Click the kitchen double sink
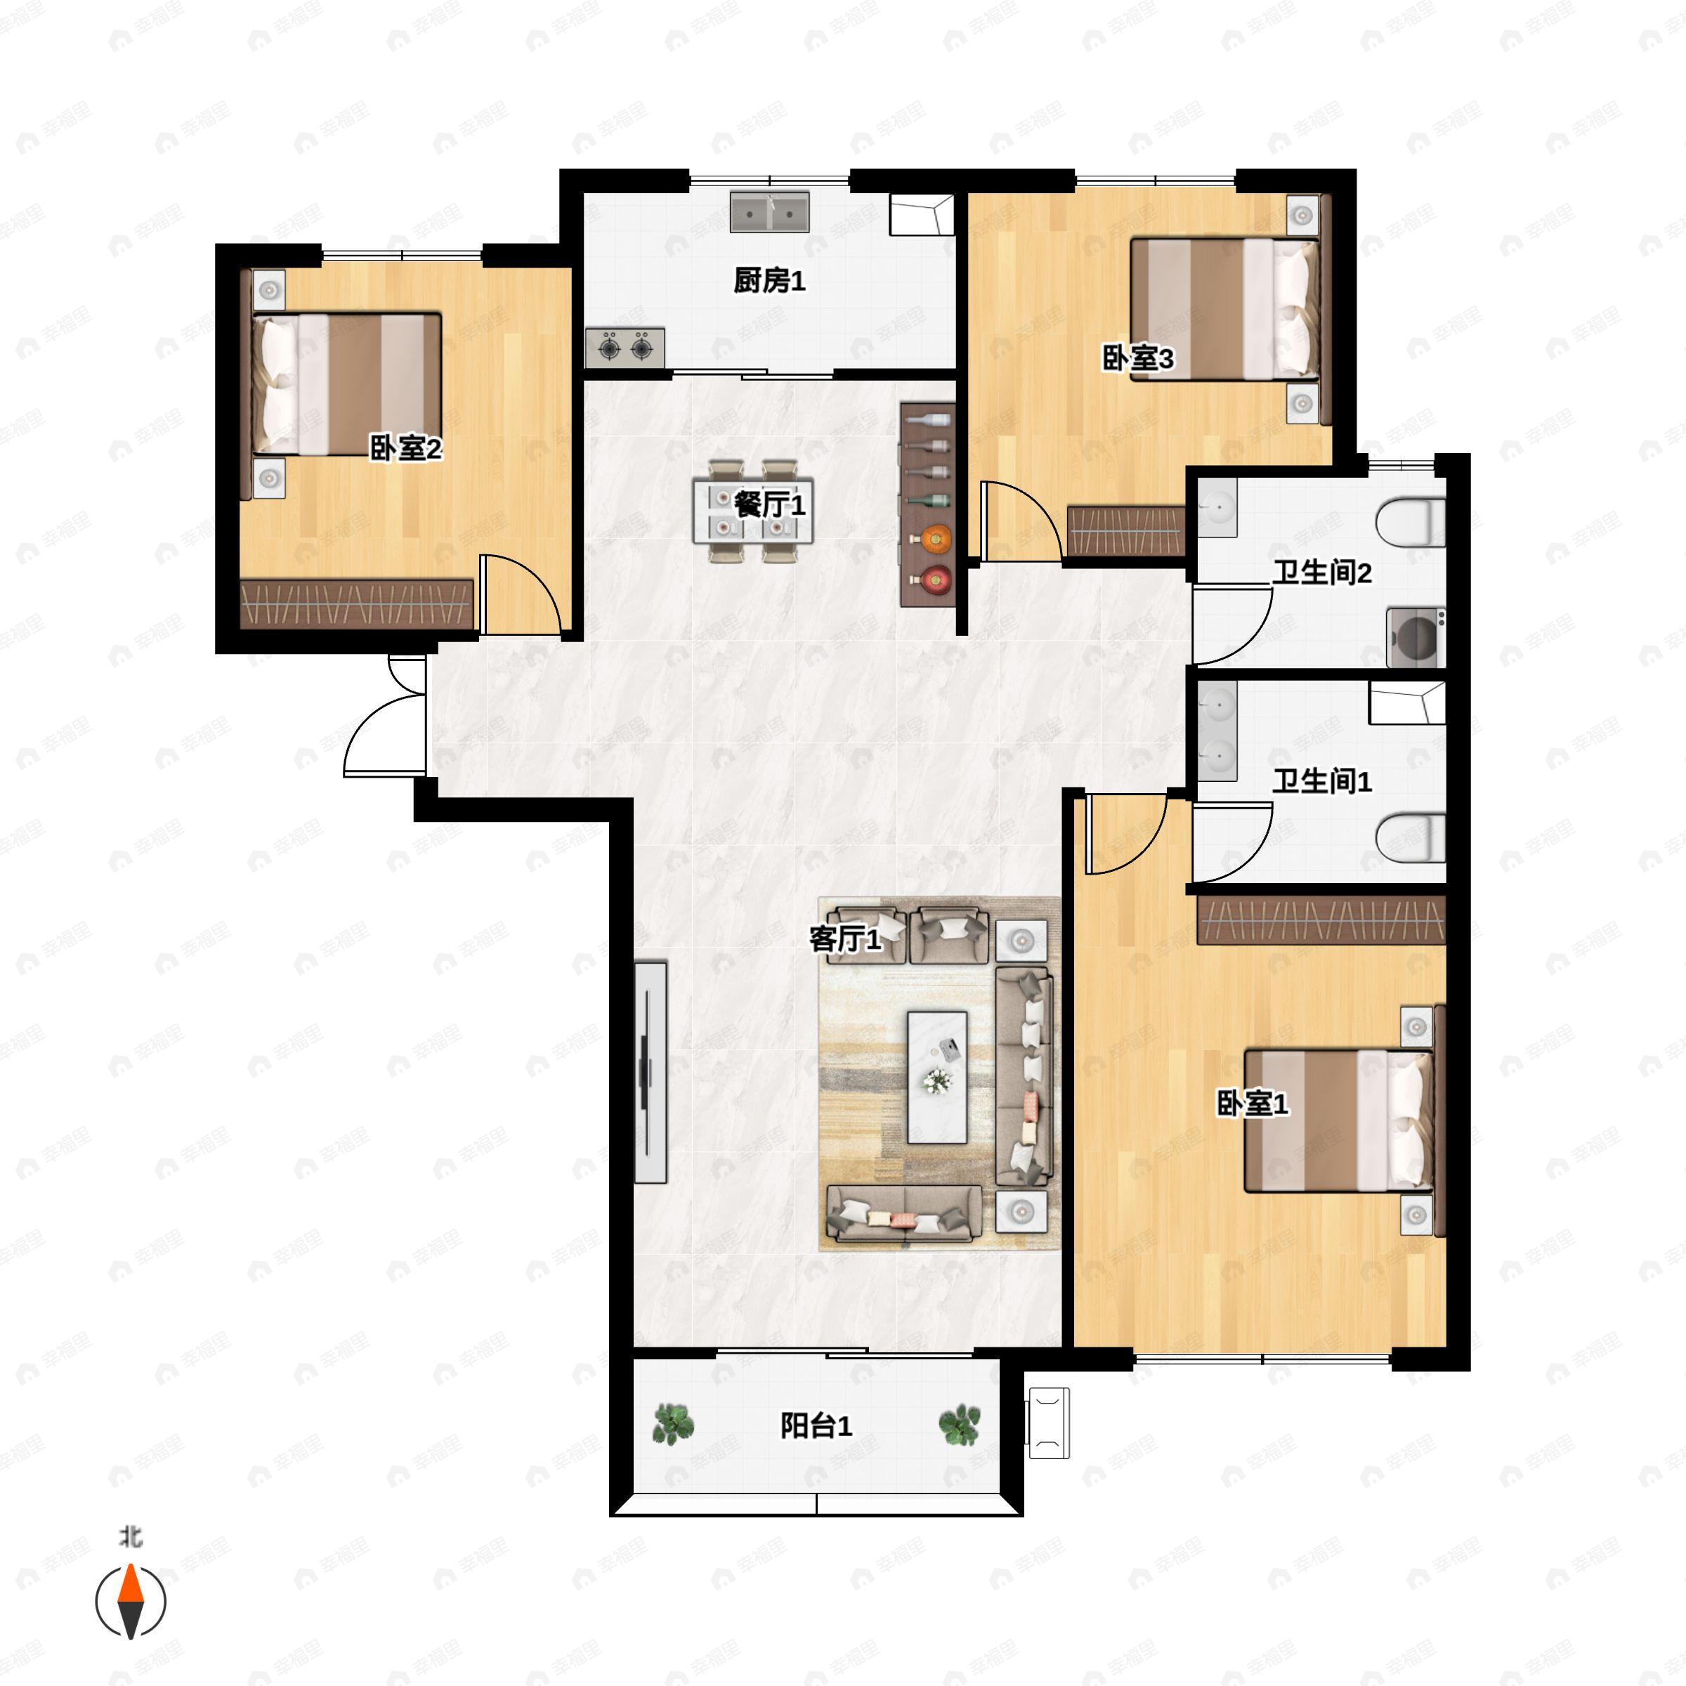coord(769,212)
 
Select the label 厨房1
coord(769,281)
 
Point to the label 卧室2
coord(406,449)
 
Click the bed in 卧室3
coord(1224,309)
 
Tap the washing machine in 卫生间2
coord(1416,638)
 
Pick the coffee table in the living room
coord(937,1078)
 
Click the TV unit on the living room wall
coord(650,1073)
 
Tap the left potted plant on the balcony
coord(674,1424)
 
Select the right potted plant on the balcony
coord(959,1424)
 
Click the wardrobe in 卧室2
coord(357,604)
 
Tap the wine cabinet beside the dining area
coord(927,504)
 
